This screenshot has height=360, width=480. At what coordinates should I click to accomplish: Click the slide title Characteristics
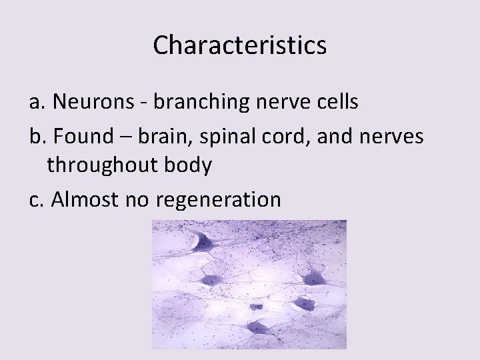pos(240,45)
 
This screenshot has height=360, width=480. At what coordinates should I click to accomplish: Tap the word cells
pos(335,102)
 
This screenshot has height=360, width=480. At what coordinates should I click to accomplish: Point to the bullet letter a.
pos(36,102)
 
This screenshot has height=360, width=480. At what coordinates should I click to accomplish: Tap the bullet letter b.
pos(36,136)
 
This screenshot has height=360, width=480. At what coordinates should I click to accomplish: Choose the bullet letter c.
pos(36,199)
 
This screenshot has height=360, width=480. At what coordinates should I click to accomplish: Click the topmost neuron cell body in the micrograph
pos(203,242)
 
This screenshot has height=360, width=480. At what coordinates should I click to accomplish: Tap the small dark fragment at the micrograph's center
pos(256,307)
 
